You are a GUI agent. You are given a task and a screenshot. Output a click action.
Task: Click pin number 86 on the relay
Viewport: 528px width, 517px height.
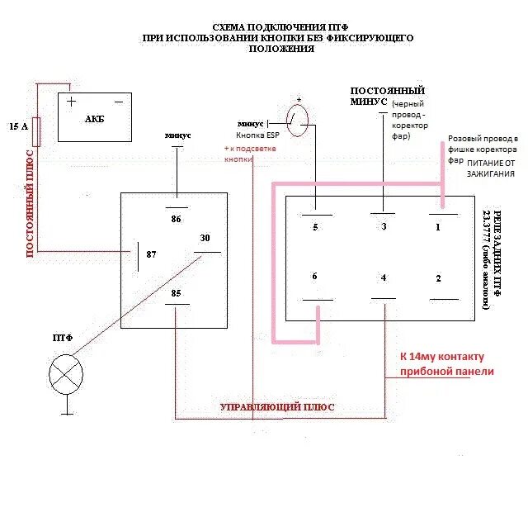[x=176, y=219]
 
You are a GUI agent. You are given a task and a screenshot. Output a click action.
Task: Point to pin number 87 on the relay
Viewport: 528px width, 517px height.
[x=151, y=254]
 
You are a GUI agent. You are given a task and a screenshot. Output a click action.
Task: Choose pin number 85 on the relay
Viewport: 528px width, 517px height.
[x=176, y=292]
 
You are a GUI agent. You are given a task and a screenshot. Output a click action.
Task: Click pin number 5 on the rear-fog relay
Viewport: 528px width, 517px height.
[x=314, y=226]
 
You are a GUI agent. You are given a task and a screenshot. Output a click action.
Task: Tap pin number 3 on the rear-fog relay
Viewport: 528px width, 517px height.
[x=384, y=226]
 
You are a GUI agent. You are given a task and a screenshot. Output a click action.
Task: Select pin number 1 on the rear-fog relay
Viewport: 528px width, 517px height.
[x=438, y=226]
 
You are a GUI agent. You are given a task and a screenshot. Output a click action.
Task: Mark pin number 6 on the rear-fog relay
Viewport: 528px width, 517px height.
[x=314, y=277]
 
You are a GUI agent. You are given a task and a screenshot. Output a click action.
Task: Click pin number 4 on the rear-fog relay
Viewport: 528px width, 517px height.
[x=384, y=277]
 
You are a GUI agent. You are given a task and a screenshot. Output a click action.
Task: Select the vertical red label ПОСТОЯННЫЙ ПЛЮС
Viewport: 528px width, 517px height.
[x=31, y=203]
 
